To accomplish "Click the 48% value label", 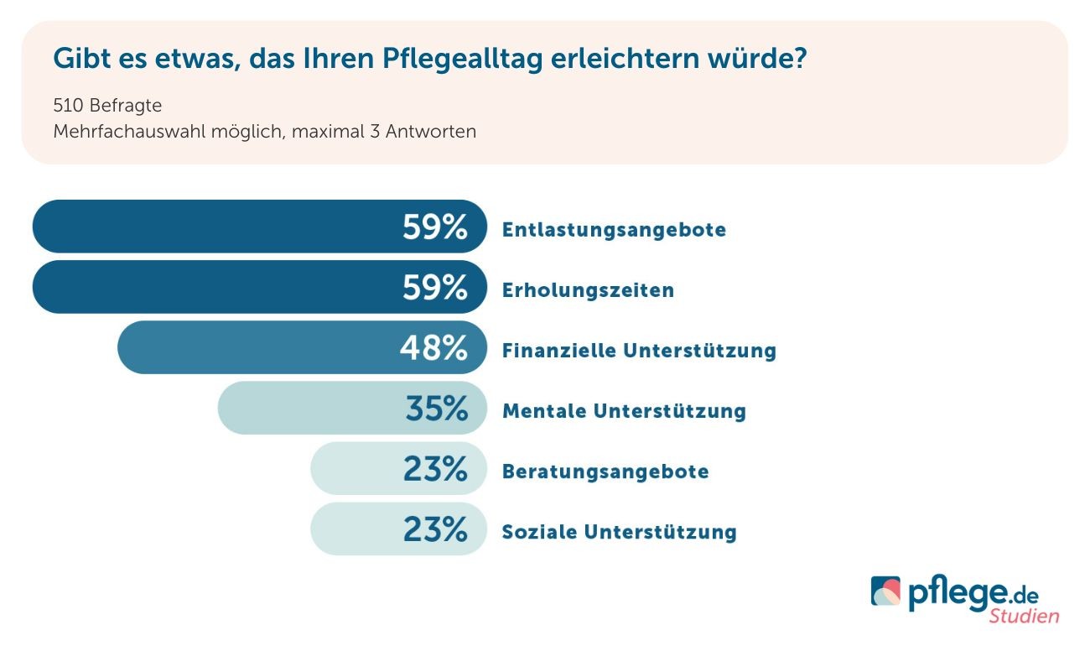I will (x=433, y=348).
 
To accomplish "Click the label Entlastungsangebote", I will (x=614, y=230).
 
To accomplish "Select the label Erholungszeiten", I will (x=588, y=290).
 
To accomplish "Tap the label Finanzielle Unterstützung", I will (x=639, y=351).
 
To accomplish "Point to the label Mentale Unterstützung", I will (x=624, y=411).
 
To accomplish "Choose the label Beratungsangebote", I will (x=605, y=471).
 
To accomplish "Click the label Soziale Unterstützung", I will (x=619, y=532).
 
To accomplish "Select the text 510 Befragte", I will (x=107, y=107).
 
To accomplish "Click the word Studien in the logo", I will (x=1024, y=616).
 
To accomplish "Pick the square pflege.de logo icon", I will (x=886, y=591).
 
